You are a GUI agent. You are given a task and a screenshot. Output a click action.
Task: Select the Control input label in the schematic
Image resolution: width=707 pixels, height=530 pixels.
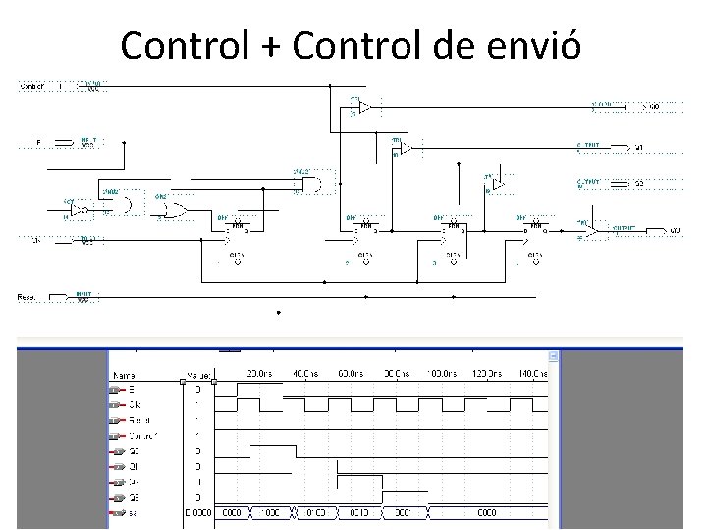click(32, 87)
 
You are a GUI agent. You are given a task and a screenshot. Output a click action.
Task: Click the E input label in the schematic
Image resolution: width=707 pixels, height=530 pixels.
click(38, 144)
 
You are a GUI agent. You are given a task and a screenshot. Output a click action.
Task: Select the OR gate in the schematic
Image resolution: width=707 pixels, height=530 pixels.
click(176, 209)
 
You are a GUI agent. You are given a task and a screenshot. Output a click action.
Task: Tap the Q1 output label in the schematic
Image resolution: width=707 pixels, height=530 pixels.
click(638, 148)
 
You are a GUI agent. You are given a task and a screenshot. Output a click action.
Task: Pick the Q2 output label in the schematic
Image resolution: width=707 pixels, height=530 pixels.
click(638, 183)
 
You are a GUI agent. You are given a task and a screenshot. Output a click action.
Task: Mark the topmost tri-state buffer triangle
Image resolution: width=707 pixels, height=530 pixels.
click(363, 106)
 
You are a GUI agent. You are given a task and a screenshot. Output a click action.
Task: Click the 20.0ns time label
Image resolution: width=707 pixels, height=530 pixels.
click(258, 374)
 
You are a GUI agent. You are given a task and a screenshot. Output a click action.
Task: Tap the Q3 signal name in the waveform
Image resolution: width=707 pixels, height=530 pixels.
click(135, 497)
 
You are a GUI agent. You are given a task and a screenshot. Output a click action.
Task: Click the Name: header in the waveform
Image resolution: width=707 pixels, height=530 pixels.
click(127, 374)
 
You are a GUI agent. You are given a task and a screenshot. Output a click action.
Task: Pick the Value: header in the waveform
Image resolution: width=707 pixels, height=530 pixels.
click(197, 374)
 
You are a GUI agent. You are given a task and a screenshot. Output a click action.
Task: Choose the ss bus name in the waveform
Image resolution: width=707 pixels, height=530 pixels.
click(134, 512)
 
